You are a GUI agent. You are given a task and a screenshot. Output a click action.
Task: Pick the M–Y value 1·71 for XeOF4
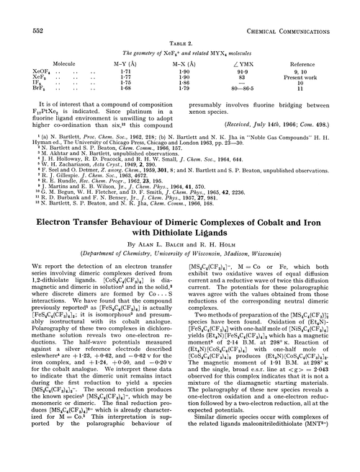146,73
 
